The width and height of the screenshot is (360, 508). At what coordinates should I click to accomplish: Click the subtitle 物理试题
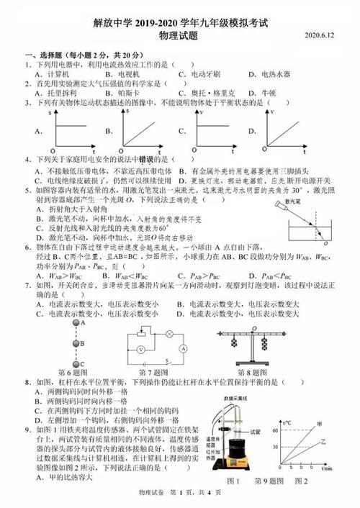click(180, 35)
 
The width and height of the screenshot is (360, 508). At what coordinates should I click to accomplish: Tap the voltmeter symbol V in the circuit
click(142, 349)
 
